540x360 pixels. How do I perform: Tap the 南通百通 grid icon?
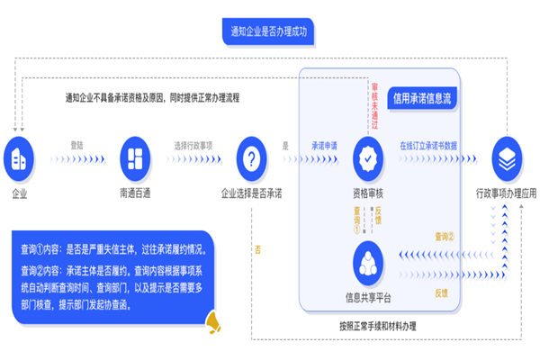134,159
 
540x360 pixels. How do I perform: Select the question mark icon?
251,159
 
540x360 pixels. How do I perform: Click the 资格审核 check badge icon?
368,160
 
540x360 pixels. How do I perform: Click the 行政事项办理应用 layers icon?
506,159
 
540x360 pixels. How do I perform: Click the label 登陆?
76,145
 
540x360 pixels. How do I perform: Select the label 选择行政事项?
193,145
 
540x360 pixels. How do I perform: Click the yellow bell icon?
214,319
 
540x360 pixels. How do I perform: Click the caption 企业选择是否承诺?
251,193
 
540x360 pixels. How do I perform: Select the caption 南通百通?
134,193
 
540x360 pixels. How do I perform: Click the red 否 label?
258,248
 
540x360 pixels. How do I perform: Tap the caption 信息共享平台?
368,297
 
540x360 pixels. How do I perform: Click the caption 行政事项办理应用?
506,193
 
